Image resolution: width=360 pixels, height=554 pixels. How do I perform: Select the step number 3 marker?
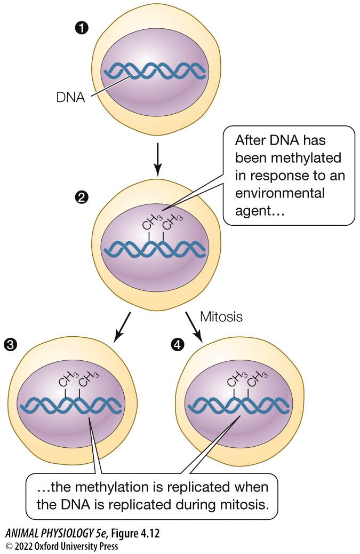tap(10, 344)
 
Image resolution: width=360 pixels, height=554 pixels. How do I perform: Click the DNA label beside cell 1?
tap(70, 98)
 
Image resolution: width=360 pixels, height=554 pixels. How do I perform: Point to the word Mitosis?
tap(221, 316)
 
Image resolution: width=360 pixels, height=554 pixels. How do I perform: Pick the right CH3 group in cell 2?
tap(170, 221)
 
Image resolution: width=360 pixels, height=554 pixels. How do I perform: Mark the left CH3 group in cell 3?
tap(66, 380)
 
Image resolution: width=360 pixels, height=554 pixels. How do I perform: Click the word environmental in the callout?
tap(279, 193)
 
